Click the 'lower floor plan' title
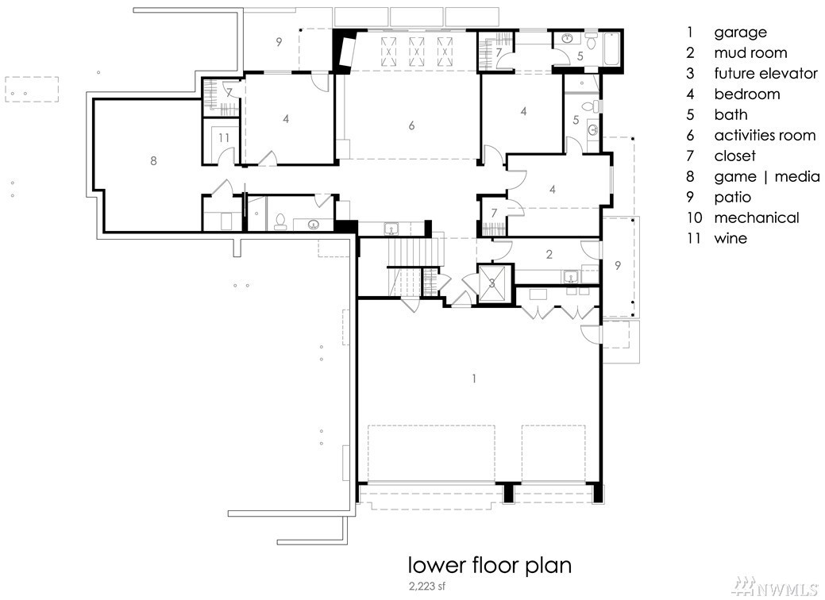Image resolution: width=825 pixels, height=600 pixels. [x=490, y=565]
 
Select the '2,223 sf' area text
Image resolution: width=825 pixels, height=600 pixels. [x=426, y=585]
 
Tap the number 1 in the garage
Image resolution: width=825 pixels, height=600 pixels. [x=474, y=378]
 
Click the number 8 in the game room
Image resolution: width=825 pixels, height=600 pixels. [x=153, y=160]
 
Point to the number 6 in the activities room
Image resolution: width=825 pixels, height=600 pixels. [x=411, y=125]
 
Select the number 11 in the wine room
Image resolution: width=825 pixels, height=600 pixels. [x=224, y=138]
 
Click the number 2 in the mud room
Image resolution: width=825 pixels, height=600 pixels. [x=549, y=255]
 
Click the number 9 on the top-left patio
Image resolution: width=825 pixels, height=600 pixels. [x=279, y=41]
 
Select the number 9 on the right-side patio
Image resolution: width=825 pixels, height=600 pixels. [x=617, y=266]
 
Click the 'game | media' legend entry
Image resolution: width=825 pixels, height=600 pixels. [x=766, y=177]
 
